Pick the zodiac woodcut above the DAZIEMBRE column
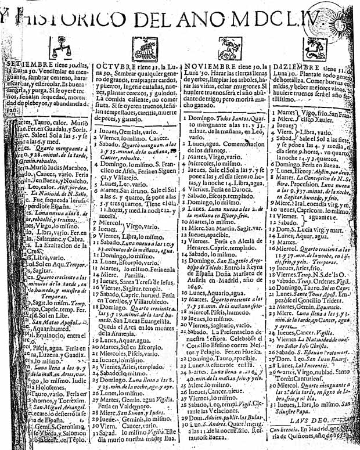(x=316, y=46)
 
